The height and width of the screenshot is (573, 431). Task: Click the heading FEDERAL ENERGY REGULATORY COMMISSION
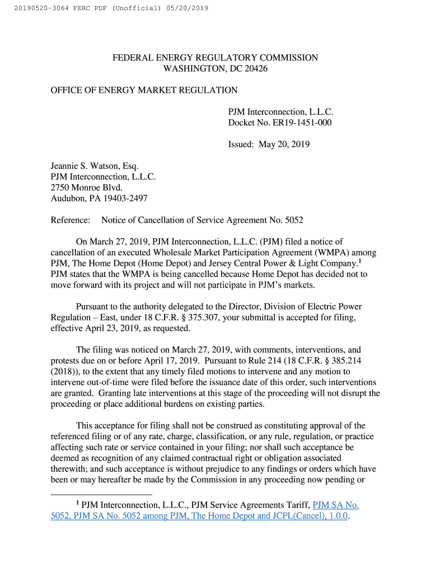[215, 58]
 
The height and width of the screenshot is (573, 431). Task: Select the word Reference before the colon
[69, 220]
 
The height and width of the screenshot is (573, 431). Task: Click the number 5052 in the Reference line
[292, 220]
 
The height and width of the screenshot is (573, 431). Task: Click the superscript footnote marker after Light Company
[359, 261]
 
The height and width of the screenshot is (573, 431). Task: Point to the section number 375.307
[225, 317]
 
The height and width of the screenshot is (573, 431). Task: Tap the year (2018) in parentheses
[63, 372]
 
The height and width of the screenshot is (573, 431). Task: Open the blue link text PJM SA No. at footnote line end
[336, 505]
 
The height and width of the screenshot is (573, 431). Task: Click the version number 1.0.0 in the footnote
[336, 516]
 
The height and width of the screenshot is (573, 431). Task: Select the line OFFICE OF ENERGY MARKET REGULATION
[144, 90]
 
